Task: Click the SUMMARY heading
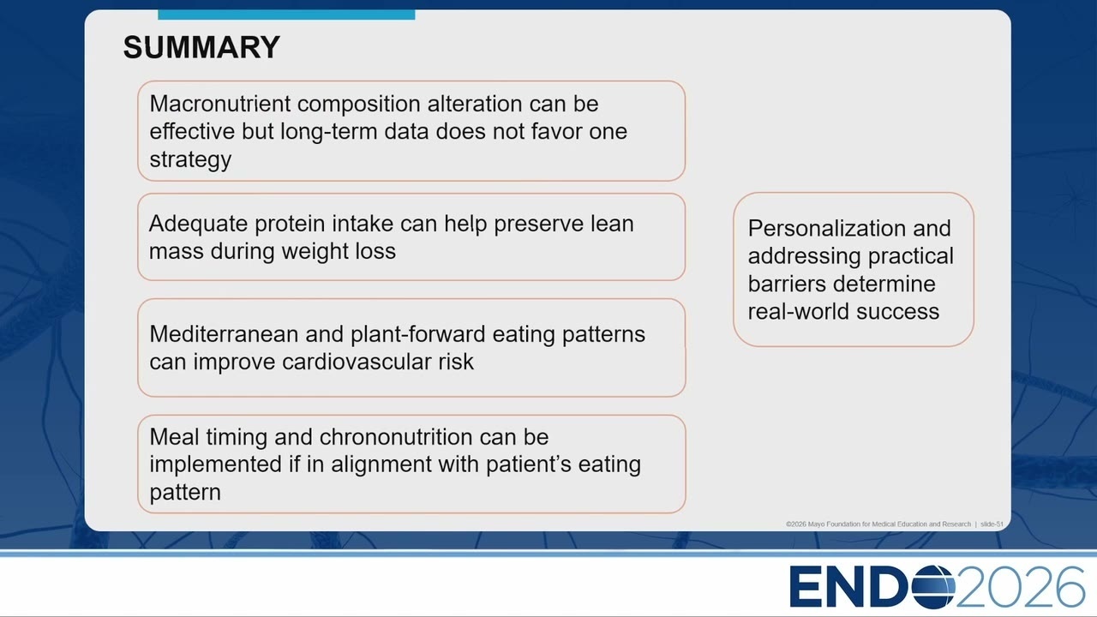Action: pos(201,47)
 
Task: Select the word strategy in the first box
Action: pos(190,160)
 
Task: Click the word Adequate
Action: pos(198,225)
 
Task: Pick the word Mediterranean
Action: pos(224,334)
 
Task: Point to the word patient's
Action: pos(529,464)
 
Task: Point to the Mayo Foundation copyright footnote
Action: pos(894,524)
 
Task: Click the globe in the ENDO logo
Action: pos(933,587)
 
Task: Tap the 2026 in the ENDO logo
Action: pos(1020,587)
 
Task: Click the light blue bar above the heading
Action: pos(286,15)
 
